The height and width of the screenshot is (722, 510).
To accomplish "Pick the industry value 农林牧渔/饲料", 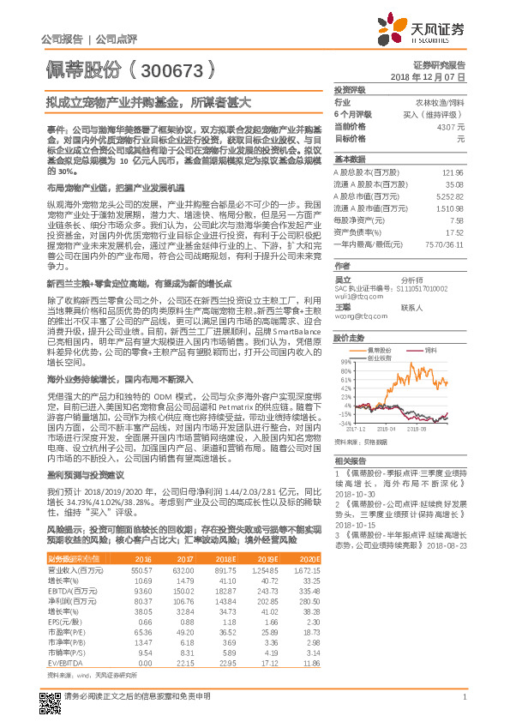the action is pyautogui.click(x=440, y=102).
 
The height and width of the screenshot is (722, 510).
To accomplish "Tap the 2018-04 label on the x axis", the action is pyautogui.click(x=386, y=426).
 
